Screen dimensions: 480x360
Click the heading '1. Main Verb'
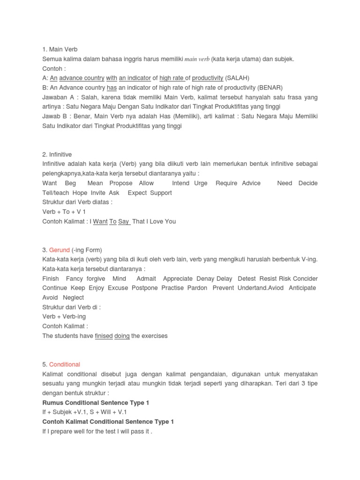tap(60, 49)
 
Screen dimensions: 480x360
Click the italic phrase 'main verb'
tap(197, 59)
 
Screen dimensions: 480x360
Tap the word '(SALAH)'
tap(237, 78)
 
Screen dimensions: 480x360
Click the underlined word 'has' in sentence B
tap(112, 88)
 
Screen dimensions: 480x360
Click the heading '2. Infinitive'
tap(57, 154)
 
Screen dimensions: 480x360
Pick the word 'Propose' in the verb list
tap(121, 183)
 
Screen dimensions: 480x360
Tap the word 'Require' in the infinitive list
tap(226, 183)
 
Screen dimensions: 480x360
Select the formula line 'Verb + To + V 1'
tap(64, 212)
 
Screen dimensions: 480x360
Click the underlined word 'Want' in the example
tap(100, 221)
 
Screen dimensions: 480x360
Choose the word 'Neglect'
tap(73, 298)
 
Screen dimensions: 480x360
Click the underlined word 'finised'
tap(104, 336)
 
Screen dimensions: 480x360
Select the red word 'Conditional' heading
tap(65, 364)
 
